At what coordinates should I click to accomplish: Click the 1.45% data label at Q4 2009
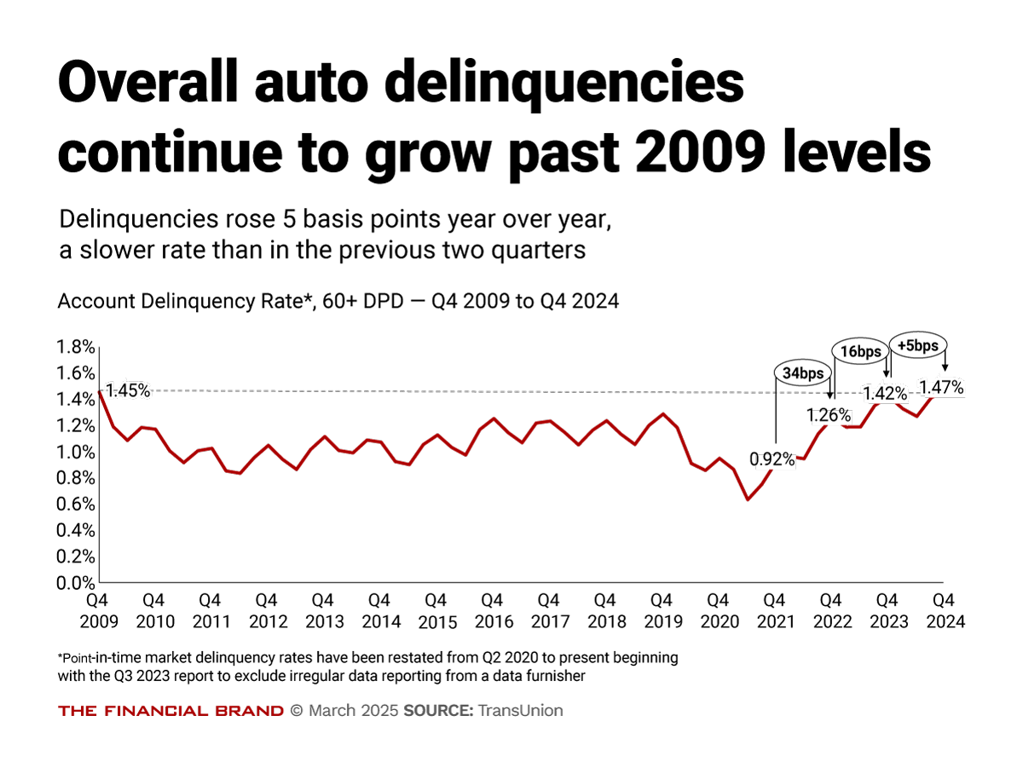point(129,390)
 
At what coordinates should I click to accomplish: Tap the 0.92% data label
point(772,459)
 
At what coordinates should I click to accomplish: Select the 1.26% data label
point(829,415)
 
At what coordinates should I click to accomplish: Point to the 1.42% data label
point(885,394)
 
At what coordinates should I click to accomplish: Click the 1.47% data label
point(941,388)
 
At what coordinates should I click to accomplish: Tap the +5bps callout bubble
point(919,344)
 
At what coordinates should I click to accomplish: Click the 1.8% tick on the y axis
point(74,347)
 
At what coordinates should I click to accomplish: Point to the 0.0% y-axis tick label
point(74,583)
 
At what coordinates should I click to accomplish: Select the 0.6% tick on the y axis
point(74,505)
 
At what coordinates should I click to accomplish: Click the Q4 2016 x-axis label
point(494,611)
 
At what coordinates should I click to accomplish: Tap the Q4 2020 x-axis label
point(720,611)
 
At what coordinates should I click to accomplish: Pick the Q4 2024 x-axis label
point(945,611)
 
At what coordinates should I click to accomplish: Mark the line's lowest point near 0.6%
point(748,499)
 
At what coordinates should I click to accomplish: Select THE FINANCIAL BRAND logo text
point(170,711)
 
